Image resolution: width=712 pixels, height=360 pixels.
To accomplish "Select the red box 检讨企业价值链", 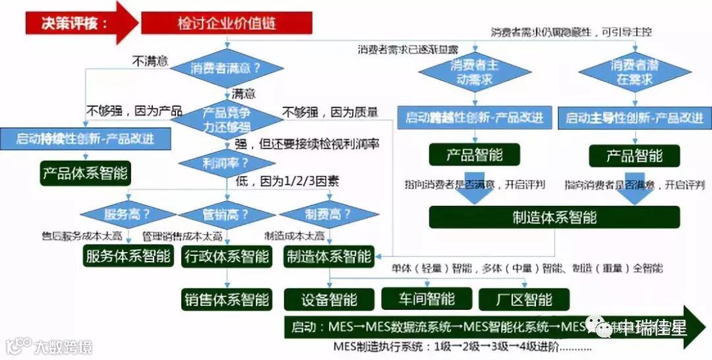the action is [226, 24].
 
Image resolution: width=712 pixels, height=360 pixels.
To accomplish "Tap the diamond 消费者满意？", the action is [226, 68].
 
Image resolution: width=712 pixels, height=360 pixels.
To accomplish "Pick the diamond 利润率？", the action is [226, 162].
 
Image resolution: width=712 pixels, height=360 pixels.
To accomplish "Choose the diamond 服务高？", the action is [127, 214].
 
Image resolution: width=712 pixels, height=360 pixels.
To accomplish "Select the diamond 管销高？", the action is [226, 214].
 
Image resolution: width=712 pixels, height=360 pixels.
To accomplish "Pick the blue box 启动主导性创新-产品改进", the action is [635, 119].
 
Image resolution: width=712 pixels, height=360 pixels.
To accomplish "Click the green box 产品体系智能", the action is [86, 174].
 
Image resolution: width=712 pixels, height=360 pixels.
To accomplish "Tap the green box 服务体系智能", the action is [128, 256].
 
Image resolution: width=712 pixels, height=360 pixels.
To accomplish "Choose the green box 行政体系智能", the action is [226, 256].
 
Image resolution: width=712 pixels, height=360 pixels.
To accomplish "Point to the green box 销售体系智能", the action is [226, 299].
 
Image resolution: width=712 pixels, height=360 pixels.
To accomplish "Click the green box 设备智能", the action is [329, 299].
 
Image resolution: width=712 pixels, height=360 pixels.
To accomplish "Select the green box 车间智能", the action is [427, 299].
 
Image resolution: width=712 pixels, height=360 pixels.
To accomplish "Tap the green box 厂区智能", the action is [524, 299].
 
